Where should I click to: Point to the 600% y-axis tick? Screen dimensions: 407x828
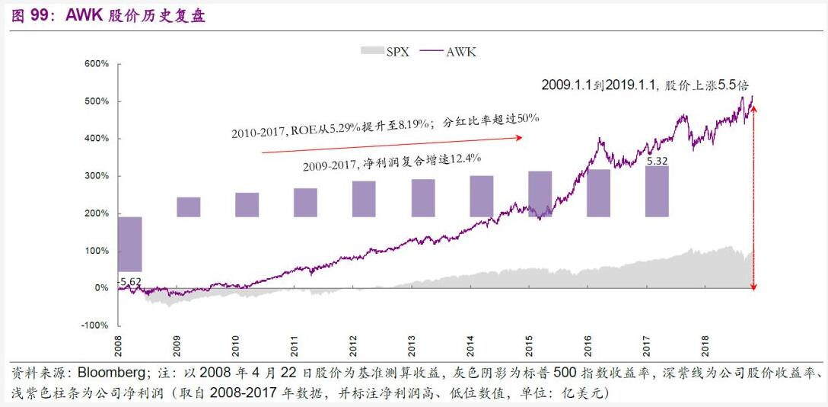click(x=97, y=63)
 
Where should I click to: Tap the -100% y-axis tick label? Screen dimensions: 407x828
click(x=95, y=325)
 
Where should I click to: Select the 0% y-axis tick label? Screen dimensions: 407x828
click(x=101, y=288)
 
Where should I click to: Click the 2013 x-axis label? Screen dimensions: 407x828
click(x=412, y=347)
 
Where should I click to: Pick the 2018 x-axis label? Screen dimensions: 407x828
click(x=705, y=347)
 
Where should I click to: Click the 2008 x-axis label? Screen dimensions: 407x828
click(x=119, y=347)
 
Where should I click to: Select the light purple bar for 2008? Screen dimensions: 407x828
click(x=130, y=244)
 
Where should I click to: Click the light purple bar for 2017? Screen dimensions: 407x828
click(x=657, y=191)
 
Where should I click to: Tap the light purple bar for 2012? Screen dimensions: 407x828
click(x=364, y=199)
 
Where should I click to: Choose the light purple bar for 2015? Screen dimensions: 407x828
click(x=540, y=194)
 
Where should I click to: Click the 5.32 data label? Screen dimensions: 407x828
click(x=657, y=161)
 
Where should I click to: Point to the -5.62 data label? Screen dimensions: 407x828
click(x=130, y=281)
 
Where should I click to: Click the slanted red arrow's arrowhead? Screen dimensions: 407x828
click(x=520, y=137)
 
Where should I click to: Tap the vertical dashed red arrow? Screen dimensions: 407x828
click(x=753, y=198)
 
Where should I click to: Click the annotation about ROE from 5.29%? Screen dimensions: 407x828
click(x=385, y=127)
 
